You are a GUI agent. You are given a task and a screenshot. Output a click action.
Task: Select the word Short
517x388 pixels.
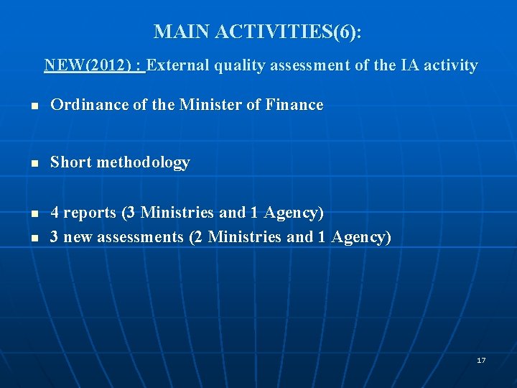[70, 162]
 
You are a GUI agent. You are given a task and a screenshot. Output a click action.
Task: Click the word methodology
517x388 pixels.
[143, 162]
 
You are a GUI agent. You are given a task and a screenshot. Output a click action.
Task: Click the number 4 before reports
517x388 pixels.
[55, 213]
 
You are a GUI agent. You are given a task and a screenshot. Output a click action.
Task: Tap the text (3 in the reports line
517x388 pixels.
[129, 213]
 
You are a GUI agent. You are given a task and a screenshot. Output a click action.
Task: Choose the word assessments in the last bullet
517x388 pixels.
[140, 237]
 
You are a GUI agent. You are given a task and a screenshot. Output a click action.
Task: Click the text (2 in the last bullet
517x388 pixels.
[195, 237]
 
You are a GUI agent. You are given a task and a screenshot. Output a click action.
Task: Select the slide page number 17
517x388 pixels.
[481, 360]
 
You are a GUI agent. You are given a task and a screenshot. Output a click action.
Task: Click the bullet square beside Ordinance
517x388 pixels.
[34, 106]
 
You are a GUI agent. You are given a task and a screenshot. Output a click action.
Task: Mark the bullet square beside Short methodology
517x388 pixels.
[34, 164]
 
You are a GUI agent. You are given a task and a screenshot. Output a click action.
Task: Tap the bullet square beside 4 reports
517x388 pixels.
[34, 214]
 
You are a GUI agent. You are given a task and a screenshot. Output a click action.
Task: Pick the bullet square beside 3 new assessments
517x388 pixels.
[34, 239]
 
